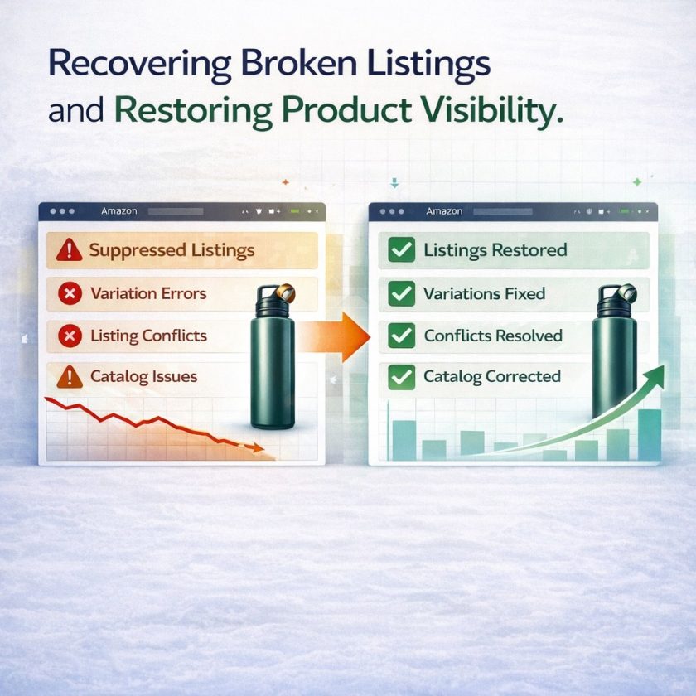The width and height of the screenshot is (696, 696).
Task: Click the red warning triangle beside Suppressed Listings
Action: click(70, 249)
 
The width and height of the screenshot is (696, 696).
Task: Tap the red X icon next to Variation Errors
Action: click(70, 293)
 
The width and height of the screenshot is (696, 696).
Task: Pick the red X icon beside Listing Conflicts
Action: click(70, 336)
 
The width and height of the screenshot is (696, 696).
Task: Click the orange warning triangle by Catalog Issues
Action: click(70, 377)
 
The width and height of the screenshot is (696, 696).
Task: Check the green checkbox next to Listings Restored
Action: click(401, 249)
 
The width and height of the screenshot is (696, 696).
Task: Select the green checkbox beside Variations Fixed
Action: click(401, 293)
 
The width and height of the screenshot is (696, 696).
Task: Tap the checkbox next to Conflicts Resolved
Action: click(401, 336)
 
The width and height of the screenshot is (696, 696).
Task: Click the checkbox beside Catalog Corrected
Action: click(401, 377)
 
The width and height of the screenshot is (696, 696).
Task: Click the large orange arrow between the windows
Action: click(334, 337)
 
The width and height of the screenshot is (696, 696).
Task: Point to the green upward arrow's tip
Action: click(664, 366)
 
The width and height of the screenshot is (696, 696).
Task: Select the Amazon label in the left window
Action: click(119, 211)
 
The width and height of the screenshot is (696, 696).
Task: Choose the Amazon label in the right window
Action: click(444, 211)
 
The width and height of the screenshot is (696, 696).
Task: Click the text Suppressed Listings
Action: click(172, 250)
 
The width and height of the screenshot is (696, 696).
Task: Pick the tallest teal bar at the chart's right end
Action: click(650, 434)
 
